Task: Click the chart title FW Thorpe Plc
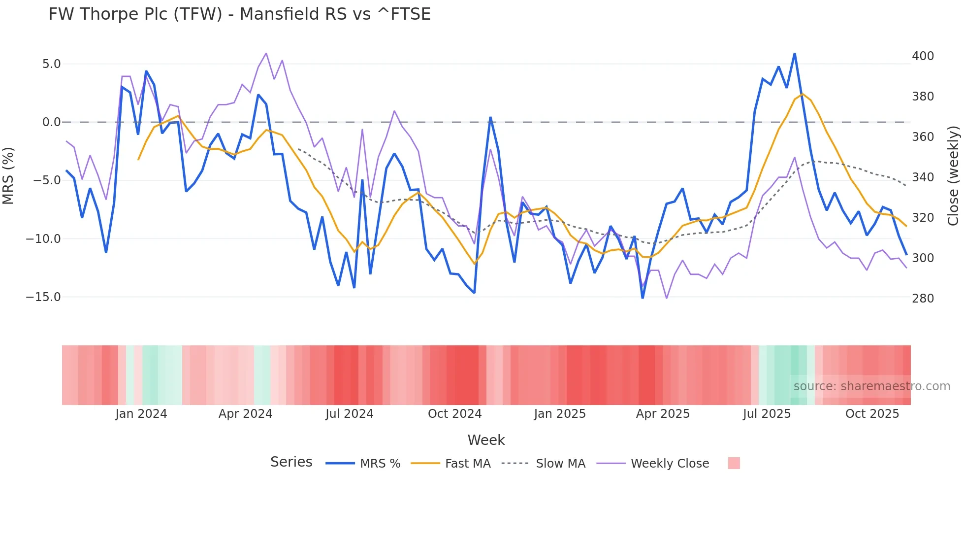coord(239,14)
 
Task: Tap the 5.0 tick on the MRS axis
coord(51,64)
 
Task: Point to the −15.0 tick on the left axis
coord(43,297)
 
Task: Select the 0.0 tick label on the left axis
coord(51,122)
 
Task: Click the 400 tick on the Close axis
coord(923,56)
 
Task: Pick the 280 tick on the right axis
coord(923,299)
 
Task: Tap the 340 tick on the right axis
coord(923,177)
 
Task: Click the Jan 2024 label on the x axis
coord(141,414)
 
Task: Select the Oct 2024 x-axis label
coord(454,414)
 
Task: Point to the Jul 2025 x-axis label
coord(767,414)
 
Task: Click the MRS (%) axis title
coord(8,175)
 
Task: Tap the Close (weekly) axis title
coord(953,175)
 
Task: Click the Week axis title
coord(486,440)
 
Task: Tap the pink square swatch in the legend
coord(734,463)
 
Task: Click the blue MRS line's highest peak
coord(795,54)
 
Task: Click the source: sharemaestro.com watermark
coord(871,386)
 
